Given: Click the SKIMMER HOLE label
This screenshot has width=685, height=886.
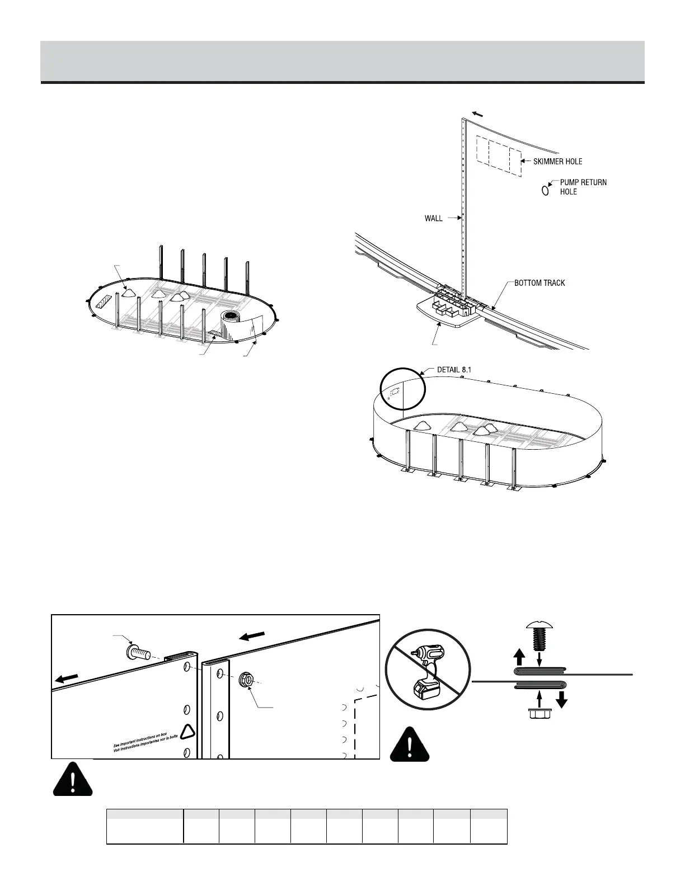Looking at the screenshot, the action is (557, 162).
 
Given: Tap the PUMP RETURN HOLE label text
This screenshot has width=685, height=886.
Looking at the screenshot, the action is (583, 187).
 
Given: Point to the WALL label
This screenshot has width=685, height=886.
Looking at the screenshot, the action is (434, 219).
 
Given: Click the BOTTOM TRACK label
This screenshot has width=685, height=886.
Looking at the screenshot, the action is (539, 283).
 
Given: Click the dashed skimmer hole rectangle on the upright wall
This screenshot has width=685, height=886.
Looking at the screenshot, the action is (499, 155).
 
